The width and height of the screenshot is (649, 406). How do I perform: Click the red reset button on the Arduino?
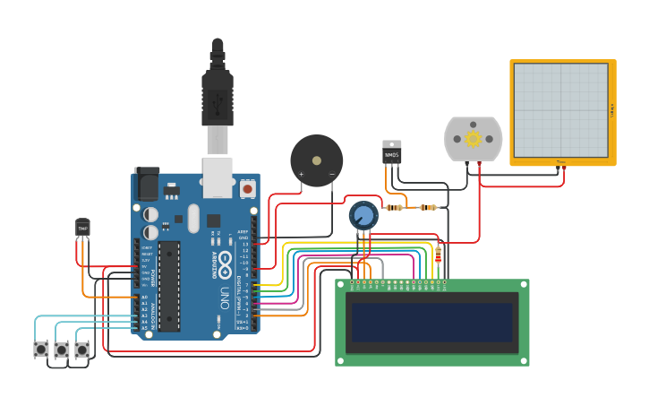(247, 188)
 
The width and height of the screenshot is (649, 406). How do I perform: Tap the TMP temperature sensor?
(82, 229)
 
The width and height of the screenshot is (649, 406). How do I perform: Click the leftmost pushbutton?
(41, 349)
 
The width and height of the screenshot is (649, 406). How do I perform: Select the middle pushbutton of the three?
(62, 349)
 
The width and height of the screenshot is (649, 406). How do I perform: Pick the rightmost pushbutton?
(82, 349)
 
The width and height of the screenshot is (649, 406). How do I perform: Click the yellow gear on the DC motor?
(474, 138)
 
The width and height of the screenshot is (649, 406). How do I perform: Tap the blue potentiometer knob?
(363, 215)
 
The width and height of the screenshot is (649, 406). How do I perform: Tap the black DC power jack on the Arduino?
(146, 185)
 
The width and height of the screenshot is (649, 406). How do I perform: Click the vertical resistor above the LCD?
(438, 255)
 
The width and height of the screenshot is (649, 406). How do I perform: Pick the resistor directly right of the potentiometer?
(394, 207)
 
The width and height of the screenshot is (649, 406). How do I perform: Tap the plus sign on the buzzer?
(301, 174)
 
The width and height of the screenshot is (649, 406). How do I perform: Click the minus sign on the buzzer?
(331, 174)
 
